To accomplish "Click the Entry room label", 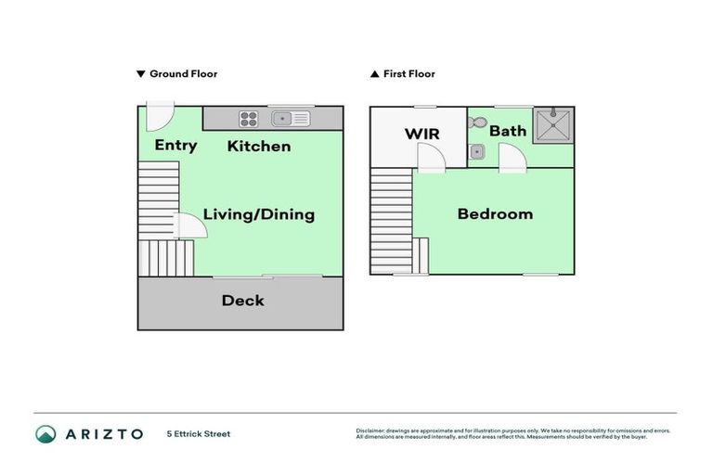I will click(x=175, y=146).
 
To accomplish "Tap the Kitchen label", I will click(x=259, y=147).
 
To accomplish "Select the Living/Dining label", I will click(x=259, y=214).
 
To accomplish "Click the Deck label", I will click(x=242, y=301).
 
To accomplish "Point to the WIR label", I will click(x=421, y=135).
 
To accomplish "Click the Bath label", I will click(x=508, y=131).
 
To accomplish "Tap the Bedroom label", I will click(x=495, y=214).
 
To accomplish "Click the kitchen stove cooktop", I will click(x=249, y=119).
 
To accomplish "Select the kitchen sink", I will click(x=291, y=119).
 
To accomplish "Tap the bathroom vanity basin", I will click(x=476, y=151).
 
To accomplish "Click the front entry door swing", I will click(x=159, y=119).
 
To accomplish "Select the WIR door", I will click(x=430, y=160).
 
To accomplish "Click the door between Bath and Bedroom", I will click(x=513, y=160).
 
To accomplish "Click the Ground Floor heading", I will click(x=183, y=74).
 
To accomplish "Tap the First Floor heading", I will click(x=408, y=74).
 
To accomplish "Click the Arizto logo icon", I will click(x=45, y=433).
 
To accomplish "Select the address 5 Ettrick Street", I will click(x=199, y=433).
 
